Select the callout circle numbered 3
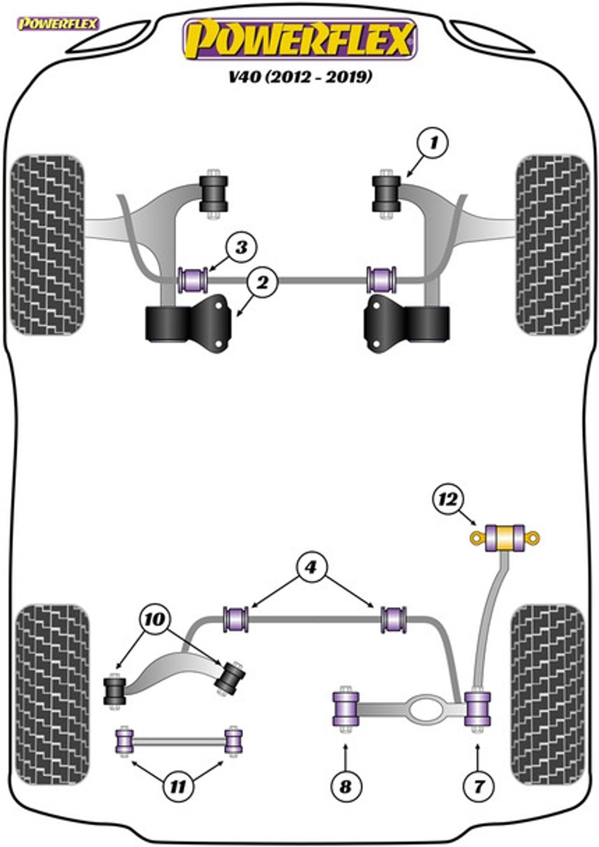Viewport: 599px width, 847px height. [x=241, y=248]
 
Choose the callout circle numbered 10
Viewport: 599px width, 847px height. [x=155, y=619]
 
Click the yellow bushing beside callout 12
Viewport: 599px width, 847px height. [x=505, y=538]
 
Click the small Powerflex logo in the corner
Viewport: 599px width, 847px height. [x=58, y=24]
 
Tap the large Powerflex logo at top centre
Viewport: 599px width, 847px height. [x=300, y=40]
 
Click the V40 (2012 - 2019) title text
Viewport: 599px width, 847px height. [x=300, y=77]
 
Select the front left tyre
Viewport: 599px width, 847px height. [x=47, y=245]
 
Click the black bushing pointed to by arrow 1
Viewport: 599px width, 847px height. [x=386, y=194]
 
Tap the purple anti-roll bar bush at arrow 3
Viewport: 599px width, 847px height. [x=193, y=280]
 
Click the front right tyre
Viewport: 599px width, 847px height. [x=553, y=245]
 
